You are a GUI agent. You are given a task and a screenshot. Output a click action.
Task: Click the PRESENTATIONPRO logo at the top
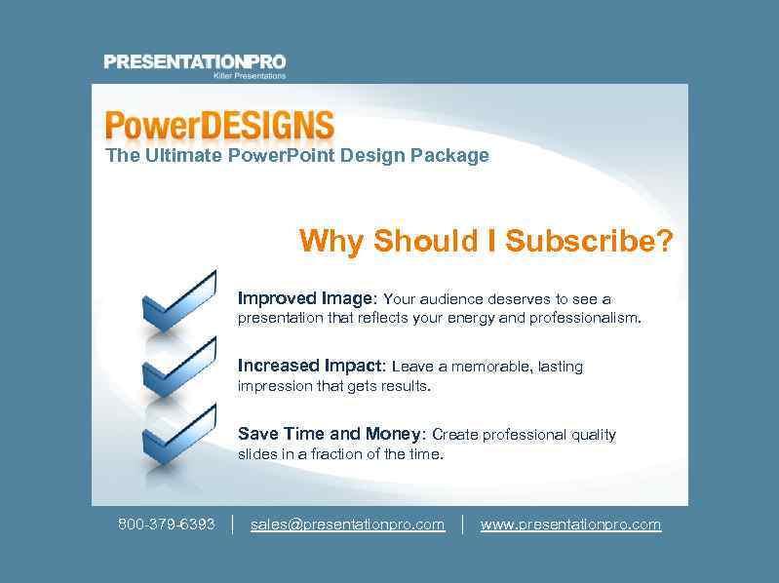pos(195,62)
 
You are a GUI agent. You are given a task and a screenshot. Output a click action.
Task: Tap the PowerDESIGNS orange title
pos(219,127)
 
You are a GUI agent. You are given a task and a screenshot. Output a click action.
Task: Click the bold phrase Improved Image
pos(305,298)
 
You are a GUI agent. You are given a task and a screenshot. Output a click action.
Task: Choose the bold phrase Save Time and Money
pos(329,434)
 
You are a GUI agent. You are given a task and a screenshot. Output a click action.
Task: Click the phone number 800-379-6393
pos(167,525)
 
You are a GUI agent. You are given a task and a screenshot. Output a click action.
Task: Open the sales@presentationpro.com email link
pos(347,525)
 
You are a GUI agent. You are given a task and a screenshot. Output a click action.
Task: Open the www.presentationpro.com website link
pos(570,525)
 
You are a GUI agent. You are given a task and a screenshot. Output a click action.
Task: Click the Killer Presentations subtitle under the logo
pos(250,75)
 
